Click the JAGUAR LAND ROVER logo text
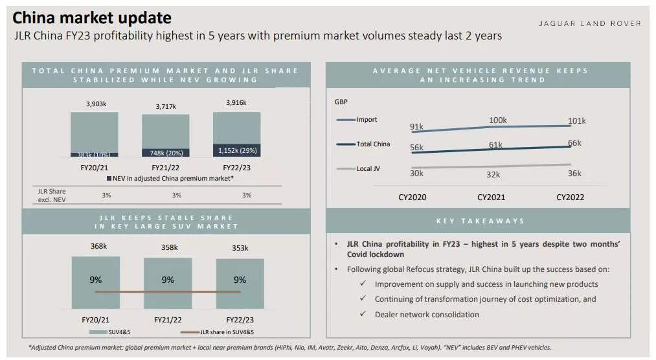[589, 23]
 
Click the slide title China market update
[92, 17]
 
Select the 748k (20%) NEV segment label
[166, 153]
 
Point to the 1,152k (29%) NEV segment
[237, 150]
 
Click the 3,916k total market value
[236, 102]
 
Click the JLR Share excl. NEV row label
[52, 195]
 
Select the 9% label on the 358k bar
[168, 280]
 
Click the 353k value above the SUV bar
[240, 248]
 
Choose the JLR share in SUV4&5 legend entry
[217, 332]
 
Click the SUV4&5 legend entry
[116, 332]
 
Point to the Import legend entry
[367, 120]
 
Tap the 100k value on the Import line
[498, 120]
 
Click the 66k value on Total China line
[574, 143]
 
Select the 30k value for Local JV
[416, 173]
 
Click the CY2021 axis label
[491, 197]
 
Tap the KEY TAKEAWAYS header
[481, 221]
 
